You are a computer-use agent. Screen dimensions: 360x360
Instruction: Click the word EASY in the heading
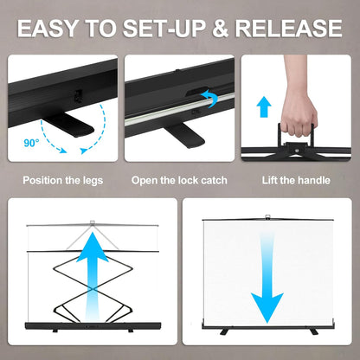(x=48, y=29)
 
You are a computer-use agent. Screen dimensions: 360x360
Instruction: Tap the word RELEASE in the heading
(x=289, y=29)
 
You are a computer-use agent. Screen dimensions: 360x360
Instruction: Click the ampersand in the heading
(x=220, y=29)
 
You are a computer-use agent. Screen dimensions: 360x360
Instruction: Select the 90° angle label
(x=31, y=143)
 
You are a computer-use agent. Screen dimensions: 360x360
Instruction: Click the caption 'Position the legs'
(x=63, y=181)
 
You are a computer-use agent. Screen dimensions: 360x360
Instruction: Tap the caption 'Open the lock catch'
(x=179, y=181)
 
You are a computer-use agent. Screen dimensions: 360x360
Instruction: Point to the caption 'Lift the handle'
(x=296, y=181)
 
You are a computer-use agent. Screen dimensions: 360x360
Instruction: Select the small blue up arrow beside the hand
(x=264, y=107)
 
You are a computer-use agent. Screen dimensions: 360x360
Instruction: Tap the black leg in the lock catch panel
(x=184, y=134)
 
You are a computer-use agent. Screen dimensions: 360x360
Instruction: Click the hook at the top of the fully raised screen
(x=267, y=217)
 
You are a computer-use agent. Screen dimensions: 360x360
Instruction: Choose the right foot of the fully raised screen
(x=313, y=331)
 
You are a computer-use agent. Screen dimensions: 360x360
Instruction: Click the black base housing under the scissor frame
(x=93, y=326)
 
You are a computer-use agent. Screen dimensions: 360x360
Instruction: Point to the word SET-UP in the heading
(x=164, y=29)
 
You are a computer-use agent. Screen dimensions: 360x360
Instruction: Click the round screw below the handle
(x=297, y=150)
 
